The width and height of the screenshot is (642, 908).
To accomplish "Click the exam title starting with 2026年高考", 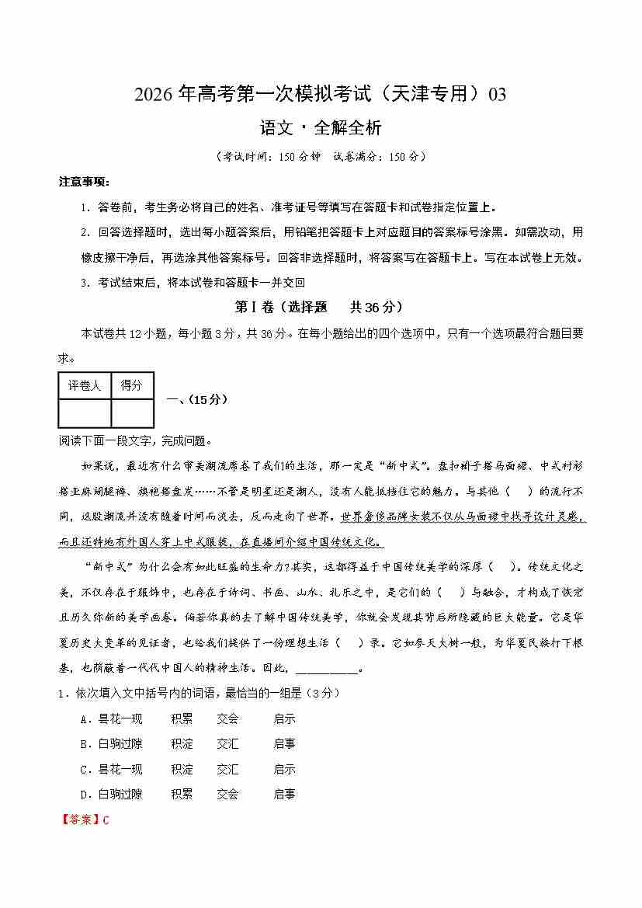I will coord(320,95).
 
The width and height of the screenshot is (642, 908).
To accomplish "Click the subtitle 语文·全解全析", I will coord(320,127).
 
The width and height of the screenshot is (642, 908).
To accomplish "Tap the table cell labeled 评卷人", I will coord(85,385).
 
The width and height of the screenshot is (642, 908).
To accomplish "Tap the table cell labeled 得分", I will coord(132,385).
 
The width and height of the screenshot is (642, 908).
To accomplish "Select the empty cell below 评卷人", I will coord(85,412).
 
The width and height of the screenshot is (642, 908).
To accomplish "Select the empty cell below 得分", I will coord(132,412).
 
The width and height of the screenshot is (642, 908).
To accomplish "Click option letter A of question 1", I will coord(85,719).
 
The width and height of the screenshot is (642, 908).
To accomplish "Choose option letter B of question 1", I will coord(85,744).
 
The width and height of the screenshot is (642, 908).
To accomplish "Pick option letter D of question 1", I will coord(85,795).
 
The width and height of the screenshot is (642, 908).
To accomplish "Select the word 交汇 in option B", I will coord(227,744).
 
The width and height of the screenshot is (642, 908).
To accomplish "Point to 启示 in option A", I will coord(284,719).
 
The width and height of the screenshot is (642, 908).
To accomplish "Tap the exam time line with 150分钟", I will coord(320,156).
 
